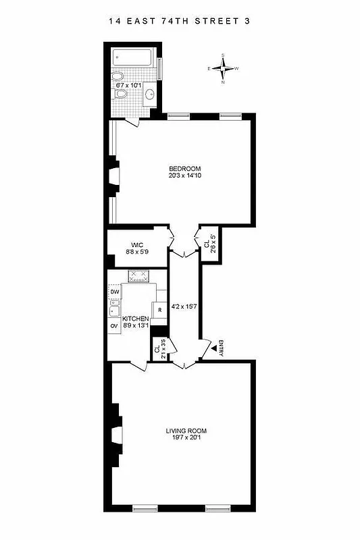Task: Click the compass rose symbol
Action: click(x=224, y=67)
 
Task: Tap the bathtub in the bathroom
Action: click(x=134, y=57)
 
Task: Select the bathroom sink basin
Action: click(x=149, y=92)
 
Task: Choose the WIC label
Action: click(x=135, y=246)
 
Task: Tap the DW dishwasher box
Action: click(x=114, y=292)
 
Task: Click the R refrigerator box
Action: click(x=159, y=310)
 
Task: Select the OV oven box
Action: click(x=114, y=326)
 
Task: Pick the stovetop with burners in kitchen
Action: click(x=138, y=275)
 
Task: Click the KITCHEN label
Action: click(x=135, y=318)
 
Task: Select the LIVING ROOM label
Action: click(x=186, y=431)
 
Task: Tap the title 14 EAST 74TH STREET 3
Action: click(x=180, y=21)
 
